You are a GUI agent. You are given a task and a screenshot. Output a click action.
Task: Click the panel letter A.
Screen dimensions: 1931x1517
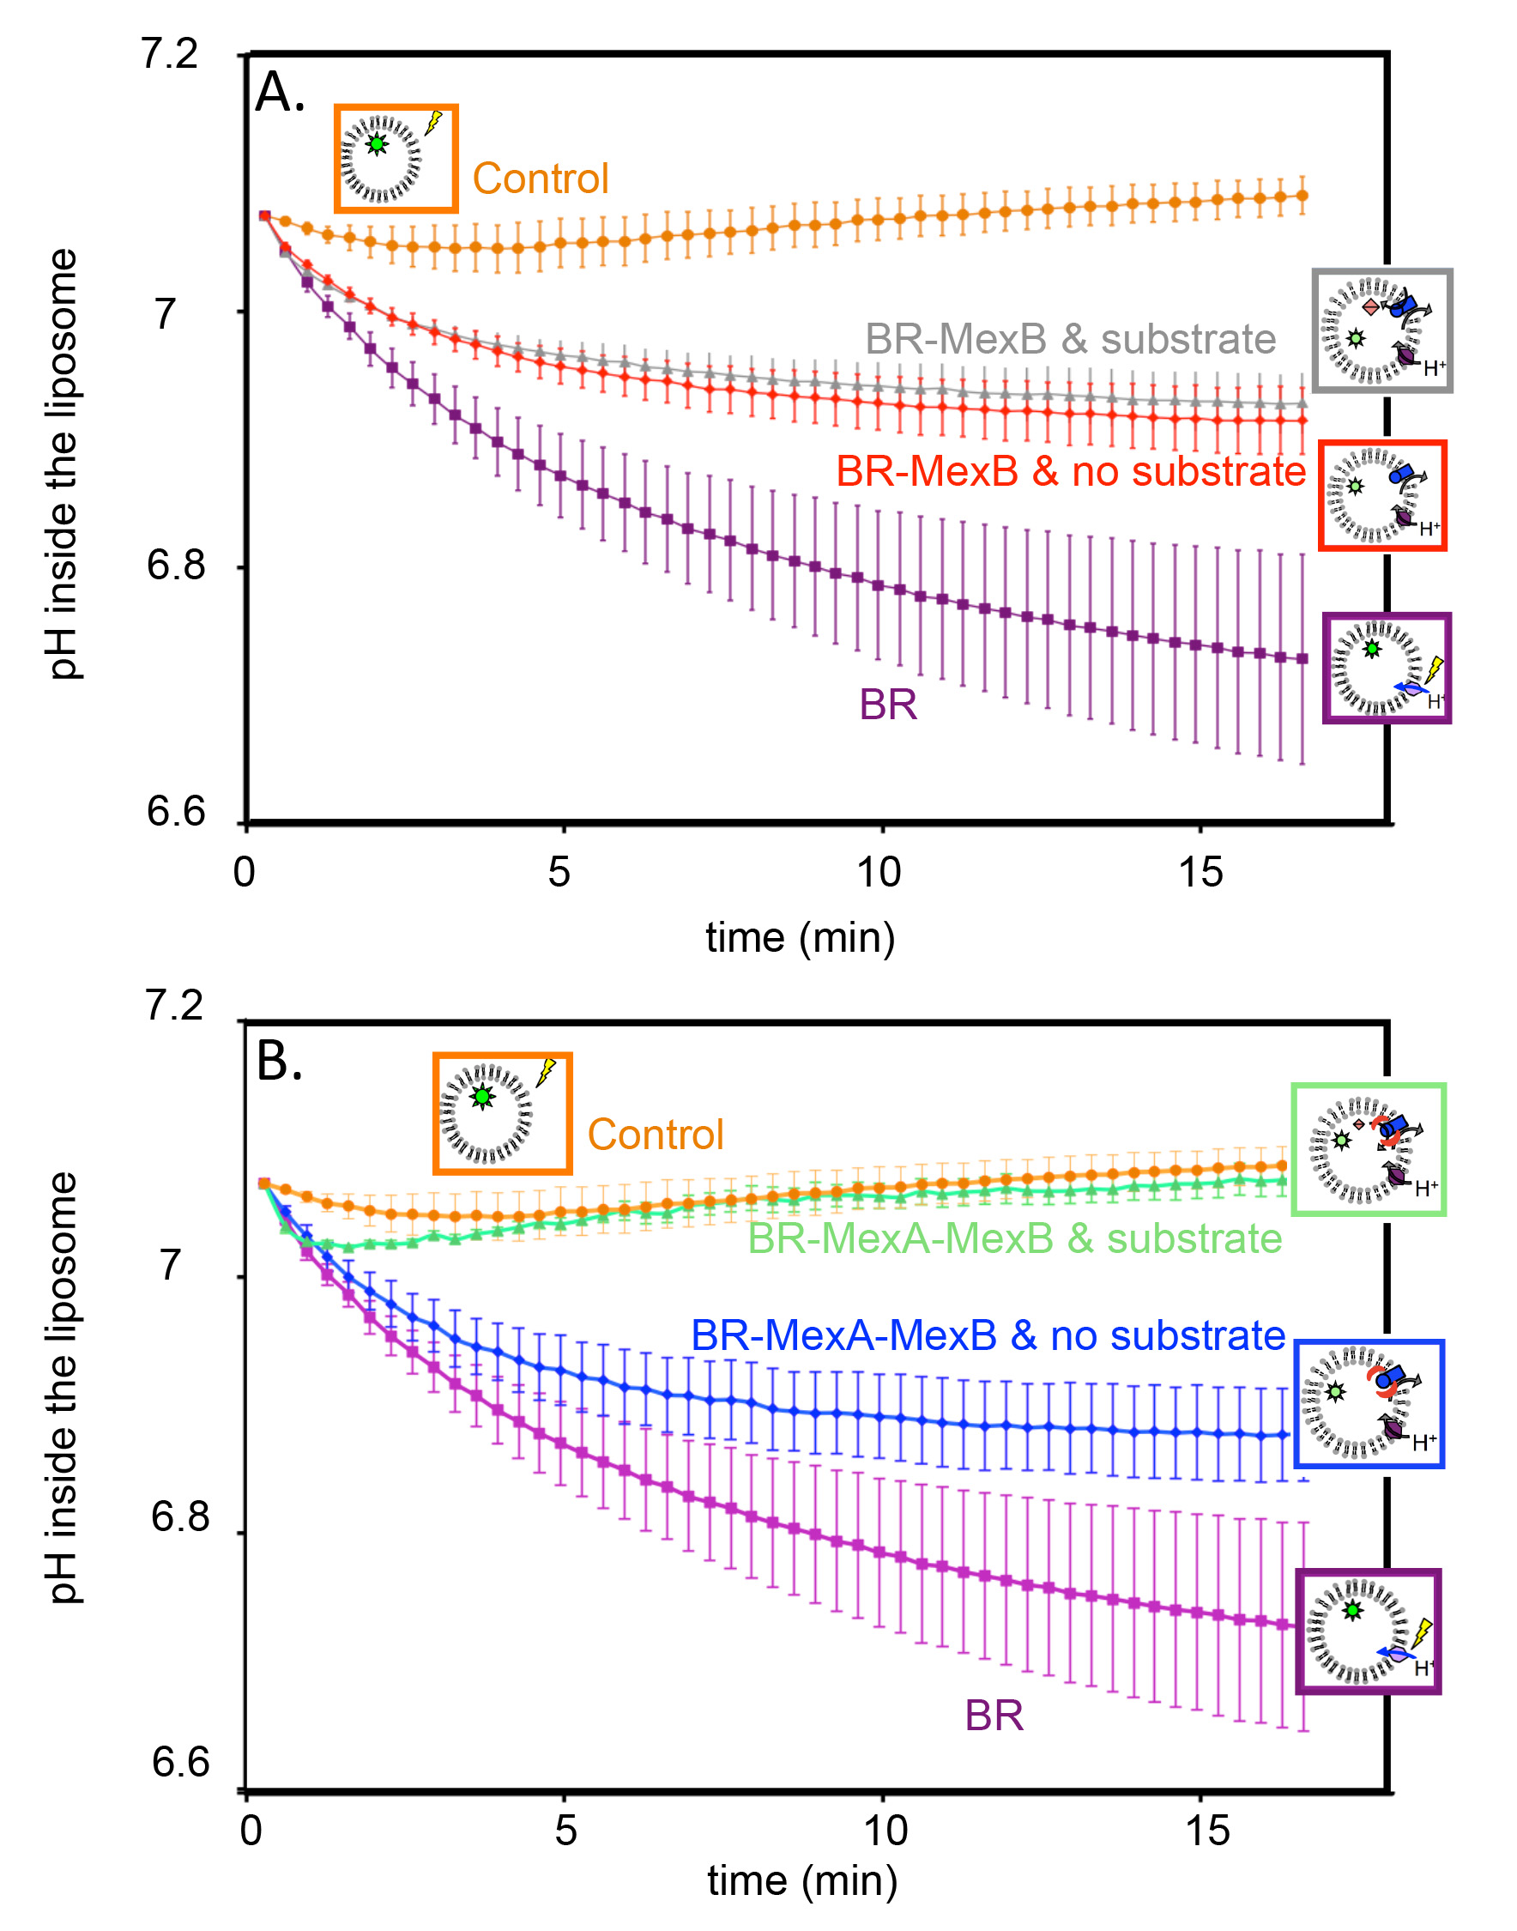pos(278,94)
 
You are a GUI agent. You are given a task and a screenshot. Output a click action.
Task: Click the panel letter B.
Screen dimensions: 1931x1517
pos(278,1061)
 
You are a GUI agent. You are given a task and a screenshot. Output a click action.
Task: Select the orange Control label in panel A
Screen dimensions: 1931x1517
pos(540,179)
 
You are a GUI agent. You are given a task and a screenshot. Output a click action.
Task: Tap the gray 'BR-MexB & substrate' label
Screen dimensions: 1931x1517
pos(1070,339)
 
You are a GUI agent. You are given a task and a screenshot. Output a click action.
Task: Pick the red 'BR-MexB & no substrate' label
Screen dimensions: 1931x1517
pos(1070,472)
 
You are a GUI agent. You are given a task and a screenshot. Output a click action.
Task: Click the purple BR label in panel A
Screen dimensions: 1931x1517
pos(887,705)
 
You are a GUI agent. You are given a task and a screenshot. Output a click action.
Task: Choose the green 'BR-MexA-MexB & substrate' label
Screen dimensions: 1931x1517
pos(1014,1239)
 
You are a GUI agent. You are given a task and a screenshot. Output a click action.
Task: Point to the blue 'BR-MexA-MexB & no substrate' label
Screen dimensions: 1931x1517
pos(988,1336)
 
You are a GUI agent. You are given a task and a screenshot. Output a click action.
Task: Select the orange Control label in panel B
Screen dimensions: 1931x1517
pos(656,1135)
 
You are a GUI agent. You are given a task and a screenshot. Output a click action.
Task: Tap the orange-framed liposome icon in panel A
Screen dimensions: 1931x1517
pos(396,159)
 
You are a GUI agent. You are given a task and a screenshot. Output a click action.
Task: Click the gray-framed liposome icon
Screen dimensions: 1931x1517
pos(1381,331)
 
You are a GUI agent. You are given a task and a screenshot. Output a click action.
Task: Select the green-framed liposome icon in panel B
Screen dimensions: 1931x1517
pos(1368,1149)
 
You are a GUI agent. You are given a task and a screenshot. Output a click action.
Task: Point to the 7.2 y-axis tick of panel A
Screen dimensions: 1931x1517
pos(170,55)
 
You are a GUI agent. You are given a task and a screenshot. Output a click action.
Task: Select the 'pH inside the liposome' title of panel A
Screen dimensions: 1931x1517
pos(62,463)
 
